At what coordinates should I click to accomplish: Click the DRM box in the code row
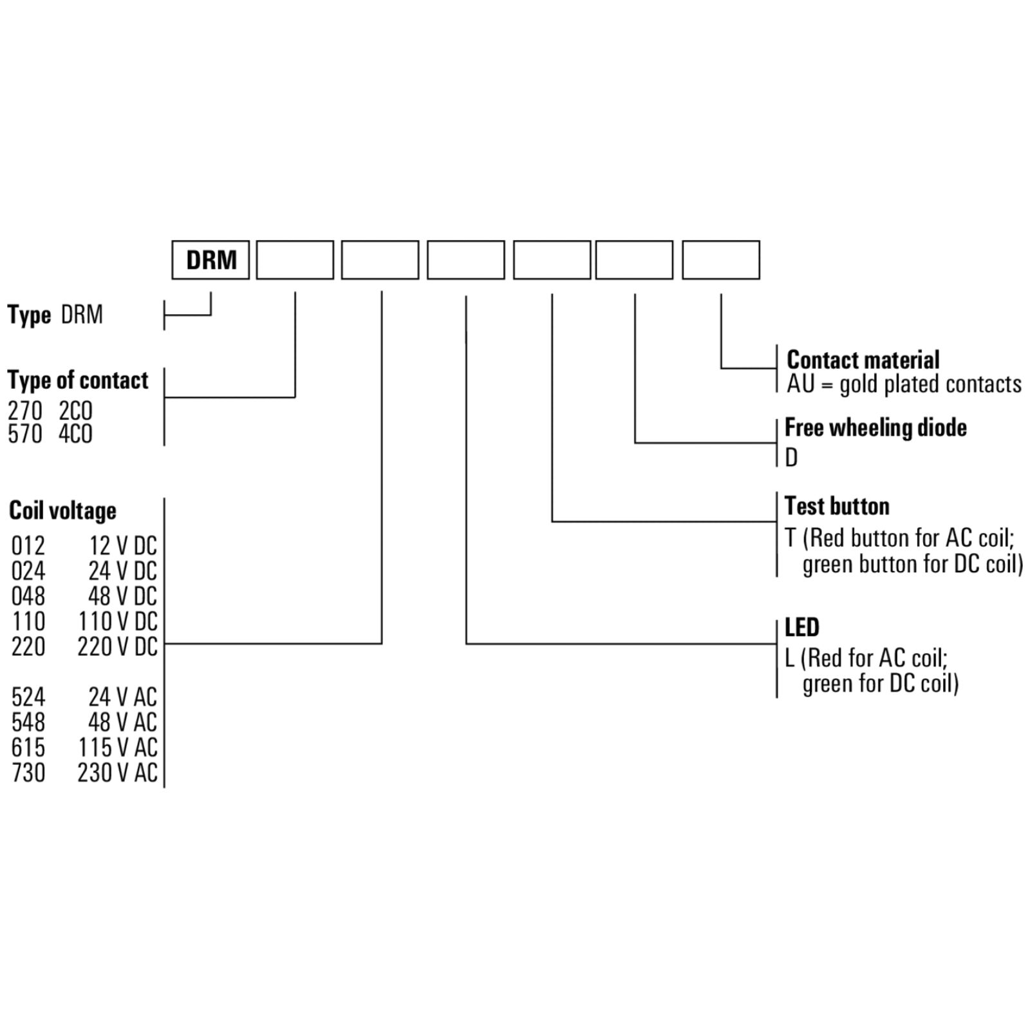coord(211,260)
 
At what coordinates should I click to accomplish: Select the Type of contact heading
coord(78,380)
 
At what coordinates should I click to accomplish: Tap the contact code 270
coord(25,411)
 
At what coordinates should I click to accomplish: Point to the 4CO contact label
coord(76,435)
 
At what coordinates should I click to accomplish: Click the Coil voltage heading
coord(62,510)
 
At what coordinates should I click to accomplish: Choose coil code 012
coord(28,546)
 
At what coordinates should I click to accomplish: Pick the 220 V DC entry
coord(118,647)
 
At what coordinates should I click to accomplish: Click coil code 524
coord(28,697)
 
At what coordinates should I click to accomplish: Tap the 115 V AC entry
coord(118,747)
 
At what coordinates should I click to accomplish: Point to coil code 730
coord(28,772)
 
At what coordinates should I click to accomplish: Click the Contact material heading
coord(863,360)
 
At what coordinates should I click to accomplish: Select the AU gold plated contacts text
coord(904,384)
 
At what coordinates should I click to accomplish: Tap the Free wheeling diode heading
coord(876,428)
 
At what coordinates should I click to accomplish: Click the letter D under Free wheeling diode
coord(791,458)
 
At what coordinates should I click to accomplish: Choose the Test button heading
coord(837,506)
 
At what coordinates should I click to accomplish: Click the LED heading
coord(802,627)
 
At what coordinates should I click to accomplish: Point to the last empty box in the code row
coord(721,260)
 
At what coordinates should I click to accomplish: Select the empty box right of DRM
coord(295,260)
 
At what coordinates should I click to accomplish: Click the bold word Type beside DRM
coord(29,316)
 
